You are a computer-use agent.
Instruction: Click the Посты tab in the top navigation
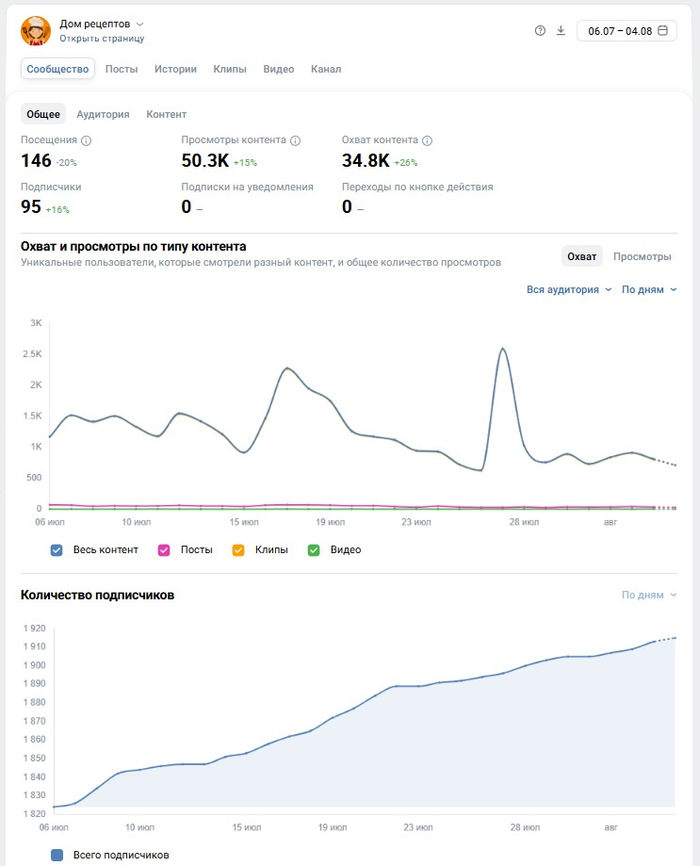point(122,69)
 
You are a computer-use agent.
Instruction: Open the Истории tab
point(175,69)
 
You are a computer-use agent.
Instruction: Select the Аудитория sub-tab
point(103,114)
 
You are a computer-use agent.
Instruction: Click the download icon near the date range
point(561,31)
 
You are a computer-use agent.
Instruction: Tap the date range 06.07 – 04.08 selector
point(627,31)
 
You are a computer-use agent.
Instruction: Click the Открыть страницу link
point(102,39)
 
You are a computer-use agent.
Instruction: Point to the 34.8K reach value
point(366,161)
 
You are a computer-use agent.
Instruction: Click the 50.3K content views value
point(204,161)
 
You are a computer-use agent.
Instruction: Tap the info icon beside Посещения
point(86,140)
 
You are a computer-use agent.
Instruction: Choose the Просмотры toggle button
point(642,257)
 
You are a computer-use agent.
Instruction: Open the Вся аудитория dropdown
point(569,290)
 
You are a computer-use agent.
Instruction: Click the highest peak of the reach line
point(502,349)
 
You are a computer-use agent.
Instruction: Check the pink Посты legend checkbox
point(164,550)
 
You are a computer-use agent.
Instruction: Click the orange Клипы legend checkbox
point(238,550)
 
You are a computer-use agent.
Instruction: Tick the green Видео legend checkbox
point(314,550)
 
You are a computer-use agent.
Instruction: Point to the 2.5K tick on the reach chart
point(32,354)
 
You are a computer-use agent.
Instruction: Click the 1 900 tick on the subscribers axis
point(34,665)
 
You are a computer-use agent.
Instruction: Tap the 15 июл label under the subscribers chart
point(246,827)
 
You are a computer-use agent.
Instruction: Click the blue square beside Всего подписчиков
point(57,855)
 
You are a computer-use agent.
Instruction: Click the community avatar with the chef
point(36,31)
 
